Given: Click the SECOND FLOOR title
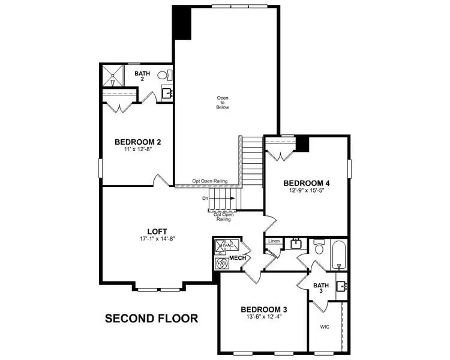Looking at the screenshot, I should pos(151,318).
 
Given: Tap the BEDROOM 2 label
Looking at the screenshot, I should pos(137,142).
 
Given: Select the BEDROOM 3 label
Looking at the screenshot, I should pos(264,310).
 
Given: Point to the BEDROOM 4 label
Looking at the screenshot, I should pos(307,183).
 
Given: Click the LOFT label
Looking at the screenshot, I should pos(157,231).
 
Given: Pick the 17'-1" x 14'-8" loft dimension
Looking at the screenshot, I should pos(157,239).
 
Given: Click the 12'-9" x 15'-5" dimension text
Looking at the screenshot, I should pos(307,191).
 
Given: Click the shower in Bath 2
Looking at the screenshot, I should pos(112,76).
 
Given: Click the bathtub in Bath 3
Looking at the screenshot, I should pos(338,254).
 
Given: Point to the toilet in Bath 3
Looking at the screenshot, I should pos(319,248).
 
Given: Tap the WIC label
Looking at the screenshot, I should pos(325,328).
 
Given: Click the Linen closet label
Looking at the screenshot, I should pos(274,241).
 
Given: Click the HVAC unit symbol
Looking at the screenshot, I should pos(224,246).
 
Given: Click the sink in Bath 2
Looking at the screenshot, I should pos(166,94).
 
